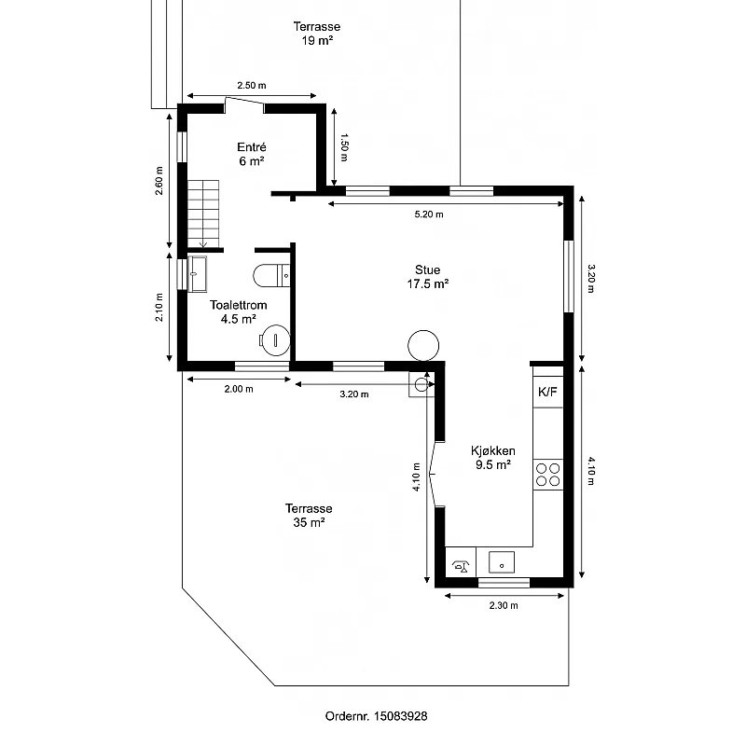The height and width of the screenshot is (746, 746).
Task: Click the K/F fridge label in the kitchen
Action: pos(547,392)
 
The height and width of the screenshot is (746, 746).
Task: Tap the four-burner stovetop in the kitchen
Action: pos(547,475)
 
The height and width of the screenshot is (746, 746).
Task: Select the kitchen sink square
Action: pos(502,562)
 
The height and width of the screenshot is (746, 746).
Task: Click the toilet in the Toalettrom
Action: pos(271,275)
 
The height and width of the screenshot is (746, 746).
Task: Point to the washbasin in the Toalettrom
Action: pos(197,273)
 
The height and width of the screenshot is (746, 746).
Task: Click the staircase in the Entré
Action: pos(203,214)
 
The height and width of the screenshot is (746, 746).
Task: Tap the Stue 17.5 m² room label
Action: pos(428,276)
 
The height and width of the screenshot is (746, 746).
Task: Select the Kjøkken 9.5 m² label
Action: pos(493,457)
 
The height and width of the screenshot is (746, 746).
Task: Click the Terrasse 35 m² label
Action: pos(309,516)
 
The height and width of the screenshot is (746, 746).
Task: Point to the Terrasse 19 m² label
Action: pos(317,34)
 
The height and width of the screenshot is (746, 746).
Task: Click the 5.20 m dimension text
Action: pos(429,214)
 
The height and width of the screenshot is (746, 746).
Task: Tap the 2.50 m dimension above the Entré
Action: pos(252,85)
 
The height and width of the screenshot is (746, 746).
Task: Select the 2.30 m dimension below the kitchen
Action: pos(504,605)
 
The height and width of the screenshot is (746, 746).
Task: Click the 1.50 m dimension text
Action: pos(344,147)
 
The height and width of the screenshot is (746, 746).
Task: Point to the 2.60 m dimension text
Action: pos(159,181)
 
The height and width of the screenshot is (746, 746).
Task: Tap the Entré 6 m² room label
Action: pos(252,154)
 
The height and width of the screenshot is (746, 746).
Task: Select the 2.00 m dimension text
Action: pos(239,389)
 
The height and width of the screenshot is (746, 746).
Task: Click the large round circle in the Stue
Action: pos(423,345)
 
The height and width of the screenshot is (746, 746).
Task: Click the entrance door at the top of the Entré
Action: pos(244,101)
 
